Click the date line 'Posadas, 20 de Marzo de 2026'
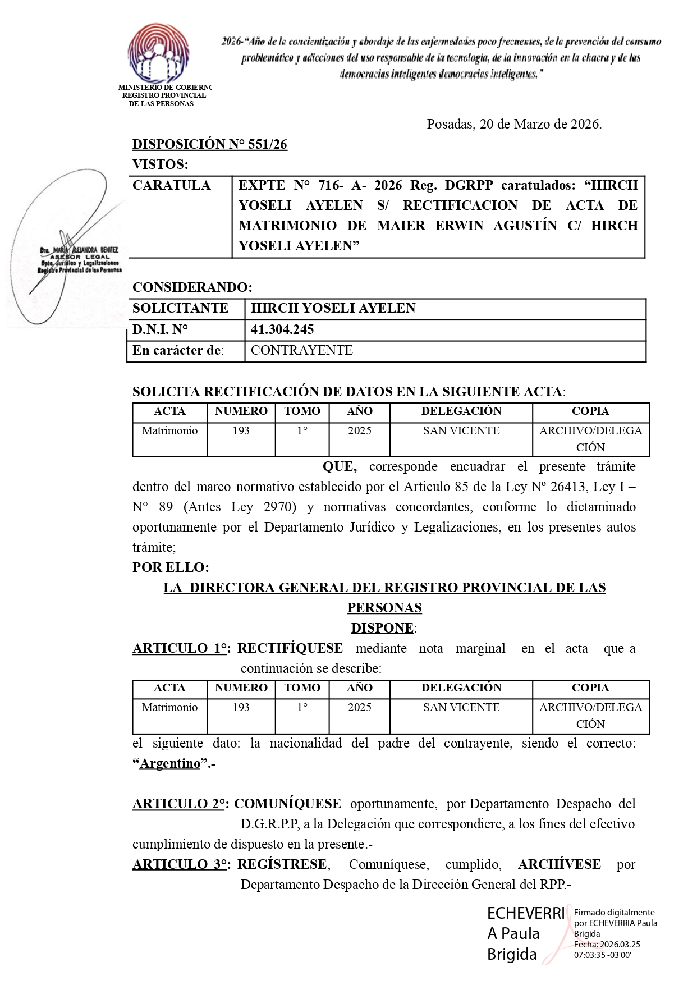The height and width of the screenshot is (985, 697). [513, 124]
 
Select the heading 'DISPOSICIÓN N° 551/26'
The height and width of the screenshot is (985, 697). [209, 144]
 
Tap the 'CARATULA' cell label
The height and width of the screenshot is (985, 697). [171, 185]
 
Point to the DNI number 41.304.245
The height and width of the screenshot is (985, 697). [282, 329]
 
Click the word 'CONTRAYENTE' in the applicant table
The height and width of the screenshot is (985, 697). [301, 350]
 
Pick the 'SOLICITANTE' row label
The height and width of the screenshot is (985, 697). [180, 308]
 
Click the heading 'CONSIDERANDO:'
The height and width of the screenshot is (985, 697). [192, 287]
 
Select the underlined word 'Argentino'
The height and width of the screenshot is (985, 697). [170, 763]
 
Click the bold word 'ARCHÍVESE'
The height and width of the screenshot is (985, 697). [559, 864]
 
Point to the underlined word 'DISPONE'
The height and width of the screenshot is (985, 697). [382, 628]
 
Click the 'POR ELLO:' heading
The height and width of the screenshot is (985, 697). [171, 567]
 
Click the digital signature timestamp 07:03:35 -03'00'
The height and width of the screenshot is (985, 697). [602, 955]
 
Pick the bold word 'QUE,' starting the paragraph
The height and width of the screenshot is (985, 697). [340, 466]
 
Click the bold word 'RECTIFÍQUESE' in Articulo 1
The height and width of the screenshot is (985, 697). [290, 648]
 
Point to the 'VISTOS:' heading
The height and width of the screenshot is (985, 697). [160, 164]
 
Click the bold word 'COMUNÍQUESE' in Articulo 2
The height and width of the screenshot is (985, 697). [287, 804]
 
